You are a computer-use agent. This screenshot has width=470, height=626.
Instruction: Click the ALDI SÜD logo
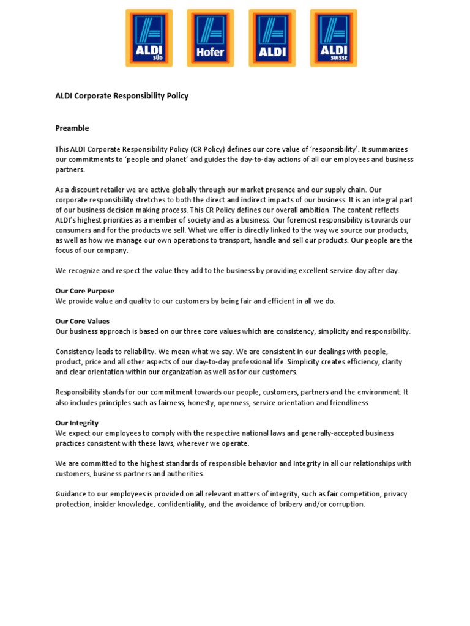(149, 38)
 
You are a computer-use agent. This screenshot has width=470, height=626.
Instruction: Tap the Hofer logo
(210, 38)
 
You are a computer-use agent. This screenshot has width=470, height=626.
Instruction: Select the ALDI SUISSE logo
(333, 38)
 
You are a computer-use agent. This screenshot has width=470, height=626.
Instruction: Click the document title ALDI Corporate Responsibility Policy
(122, 96)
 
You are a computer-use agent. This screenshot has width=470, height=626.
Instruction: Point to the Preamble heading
(72, 128)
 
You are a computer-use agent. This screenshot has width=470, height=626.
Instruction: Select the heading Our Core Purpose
(85, 291)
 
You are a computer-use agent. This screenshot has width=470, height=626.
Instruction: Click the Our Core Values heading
(83, 321)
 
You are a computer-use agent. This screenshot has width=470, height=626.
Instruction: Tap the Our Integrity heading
(77, 423)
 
